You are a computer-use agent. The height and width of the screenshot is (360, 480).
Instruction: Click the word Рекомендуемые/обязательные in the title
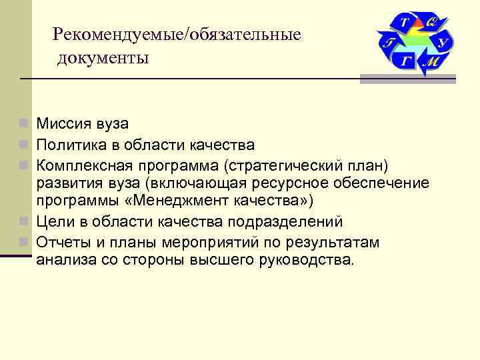(x=177, y=33)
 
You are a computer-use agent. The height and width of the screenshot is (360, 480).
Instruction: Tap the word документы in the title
(x=103, y=58)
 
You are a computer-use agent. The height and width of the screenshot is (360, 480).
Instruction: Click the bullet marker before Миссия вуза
(x=24, y=124)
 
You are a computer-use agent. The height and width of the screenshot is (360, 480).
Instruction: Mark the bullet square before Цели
(x=24, y=221)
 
